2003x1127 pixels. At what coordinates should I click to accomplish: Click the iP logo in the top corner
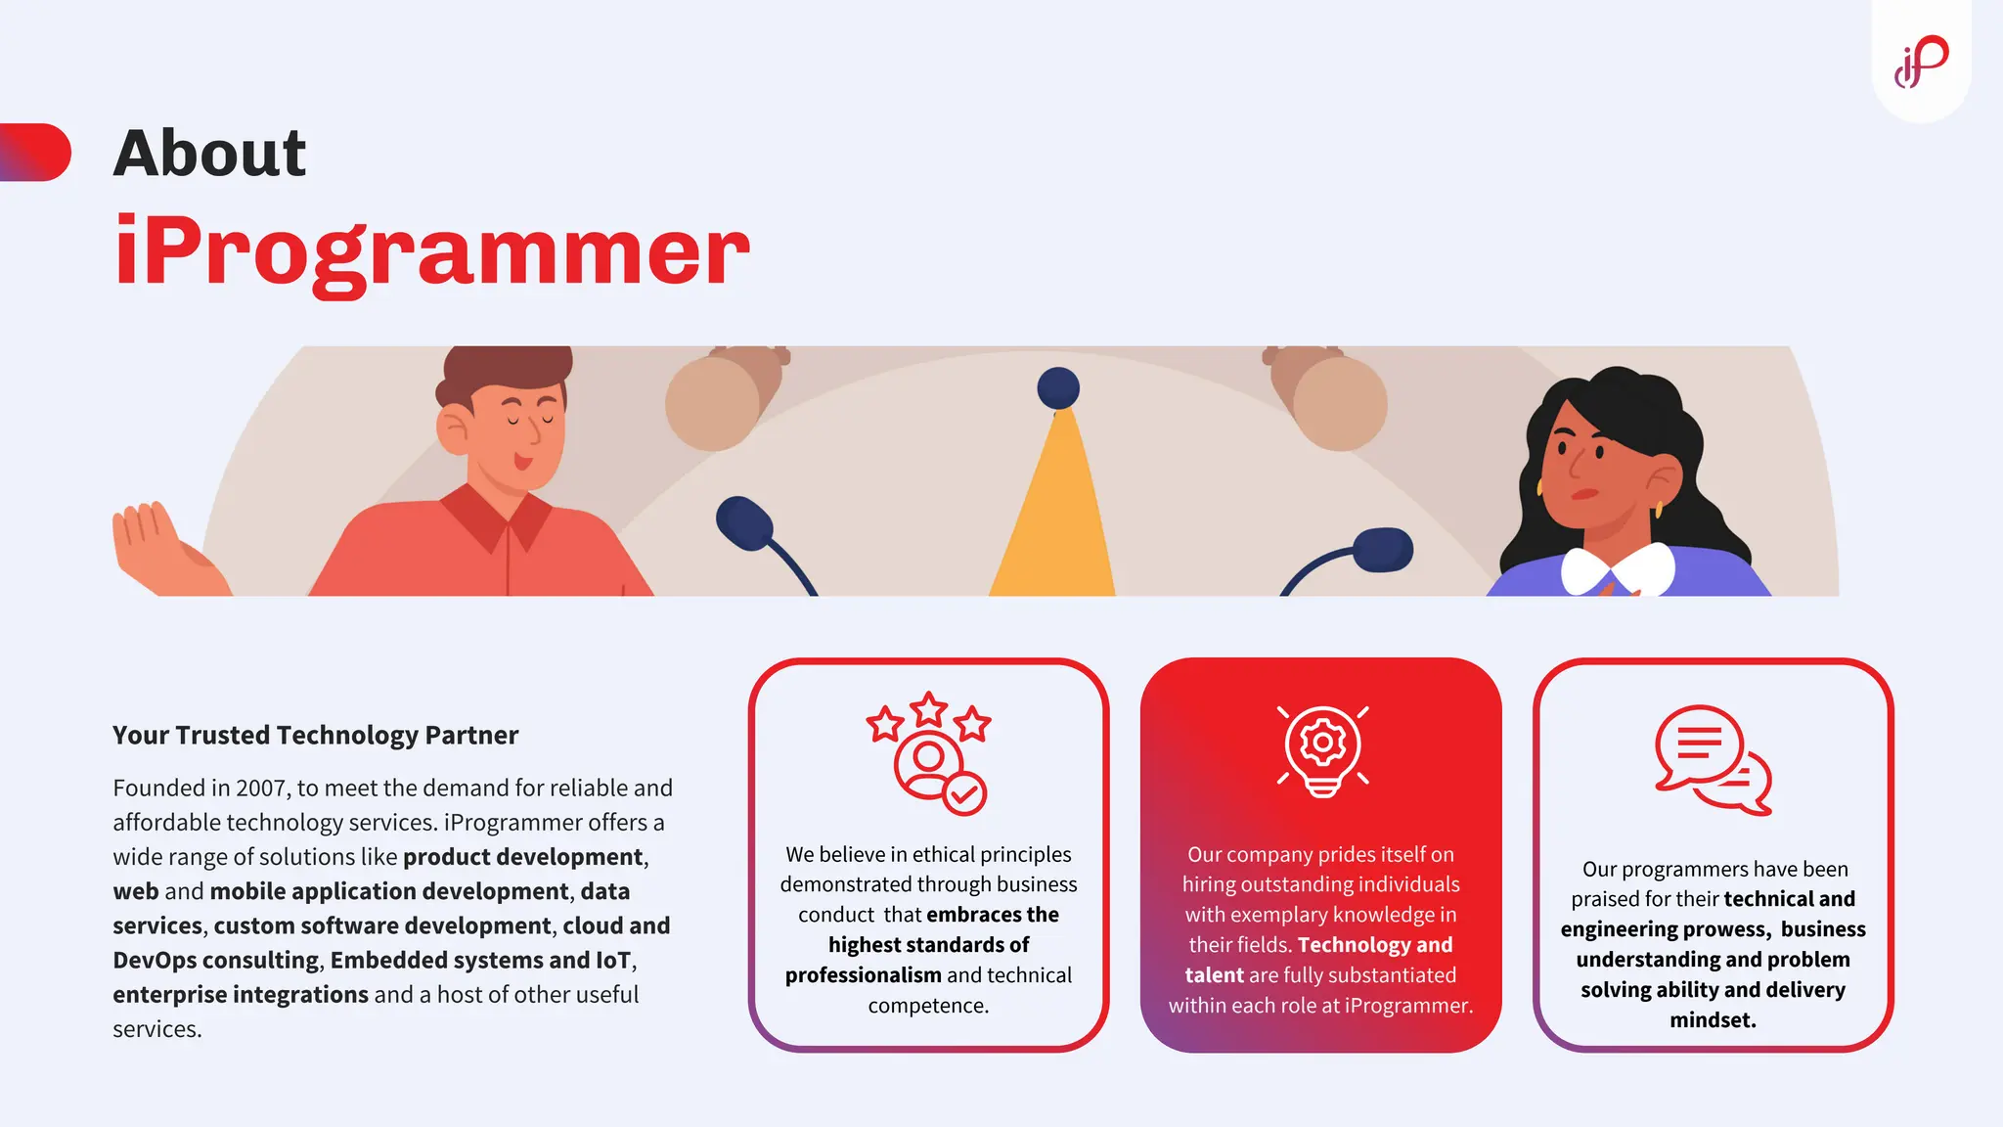[1921, 62]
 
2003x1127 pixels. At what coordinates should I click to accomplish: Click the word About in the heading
[209, 154]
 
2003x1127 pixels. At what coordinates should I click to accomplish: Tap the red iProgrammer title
[431, 251]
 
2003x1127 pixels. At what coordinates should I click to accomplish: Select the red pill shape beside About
[37, 153]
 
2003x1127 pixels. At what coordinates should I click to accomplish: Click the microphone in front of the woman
[1381, 550]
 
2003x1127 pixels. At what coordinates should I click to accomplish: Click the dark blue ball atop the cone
[1058, 388]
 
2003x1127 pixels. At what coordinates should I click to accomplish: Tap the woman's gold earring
[1659, 510]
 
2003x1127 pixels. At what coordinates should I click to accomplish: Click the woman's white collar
[1618, 569]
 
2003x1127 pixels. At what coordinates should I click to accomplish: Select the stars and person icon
[928, 752]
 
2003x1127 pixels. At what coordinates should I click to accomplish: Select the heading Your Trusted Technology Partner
[315, 735]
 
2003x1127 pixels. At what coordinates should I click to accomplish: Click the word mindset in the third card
[1713, 1020]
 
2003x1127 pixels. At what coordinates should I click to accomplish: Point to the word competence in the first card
[927, 1006]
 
